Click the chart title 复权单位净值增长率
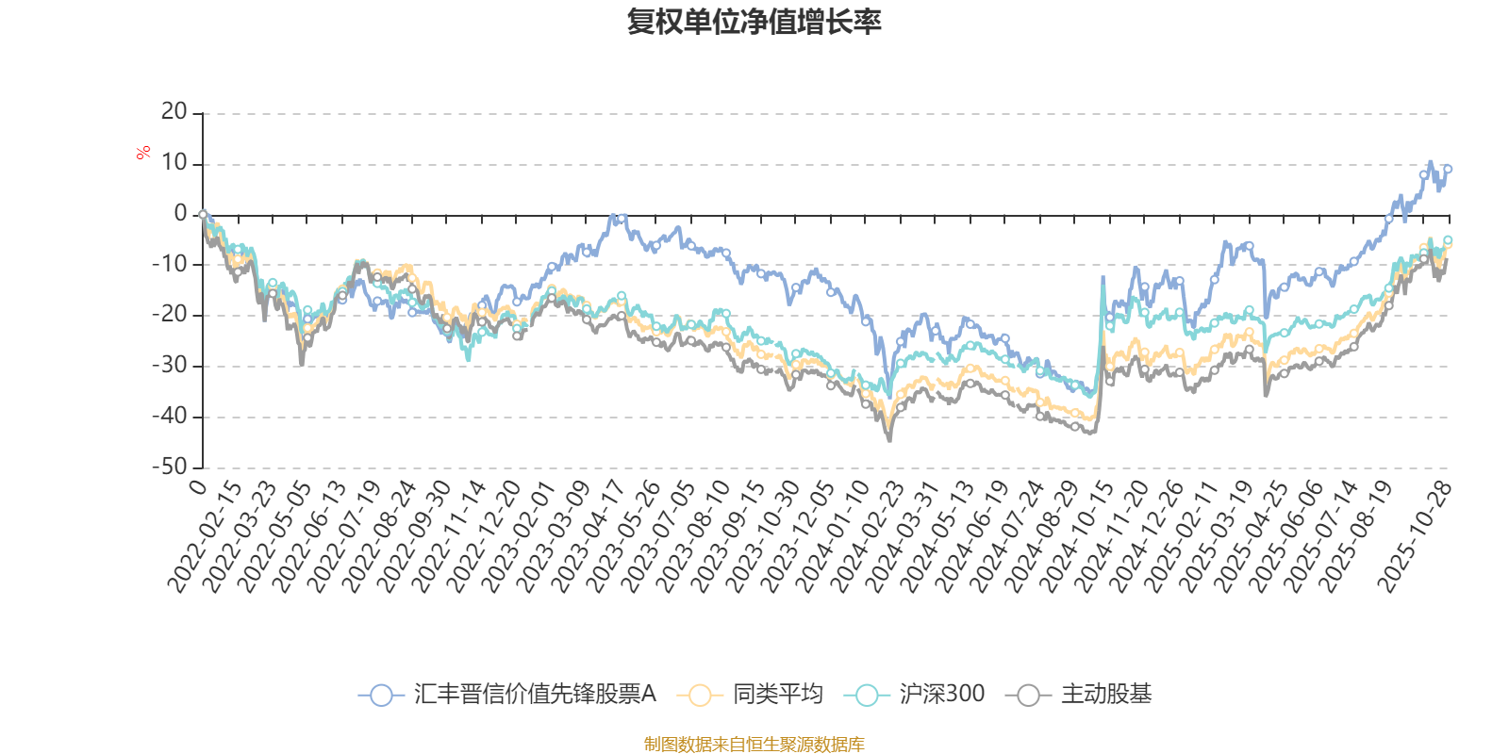(x=754, y=22)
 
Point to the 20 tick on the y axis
(x=174, y=112)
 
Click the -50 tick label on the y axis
(x=170, y=467)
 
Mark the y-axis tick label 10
(x=174, y=163)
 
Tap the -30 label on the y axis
(x=170, y=365)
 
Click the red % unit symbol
(x=143, y=153)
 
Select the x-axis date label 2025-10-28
(x=1414, y=535)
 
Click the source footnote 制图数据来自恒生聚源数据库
(x=754, y=745)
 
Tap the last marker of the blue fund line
(x=1448, y=170)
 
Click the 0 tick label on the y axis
(x=181, y=214)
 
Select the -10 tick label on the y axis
(x=170, y=264)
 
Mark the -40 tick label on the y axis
(x=170, y=416)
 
